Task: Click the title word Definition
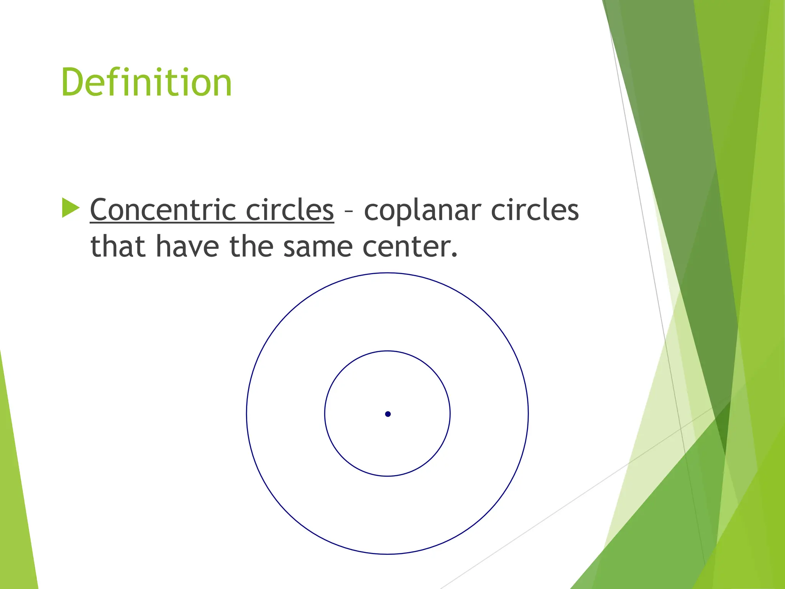146,82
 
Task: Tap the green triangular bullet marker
70,208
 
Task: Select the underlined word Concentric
163,210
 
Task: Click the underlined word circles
289,210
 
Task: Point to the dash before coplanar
348,211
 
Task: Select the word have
187,246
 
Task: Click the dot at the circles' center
388,414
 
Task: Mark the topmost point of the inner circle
388,351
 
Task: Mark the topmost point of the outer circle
388,273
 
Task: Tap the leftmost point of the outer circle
247,414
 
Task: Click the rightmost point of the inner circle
450,414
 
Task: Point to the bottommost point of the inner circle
388,476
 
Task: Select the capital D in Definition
73,82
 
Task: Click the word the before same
251,246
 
